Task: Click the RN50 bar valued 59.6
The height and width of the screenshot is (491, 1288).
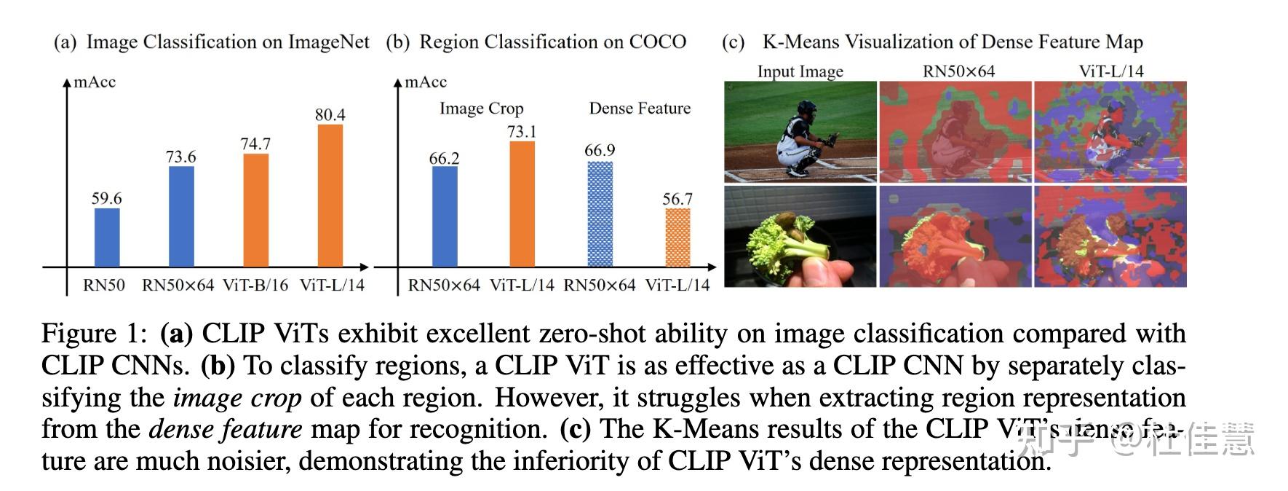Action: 107,237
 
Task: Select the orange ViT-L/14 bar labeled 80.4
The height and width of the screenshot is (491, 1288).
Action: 330,195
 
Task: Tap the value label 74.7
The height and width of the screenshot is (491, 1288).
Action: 255,144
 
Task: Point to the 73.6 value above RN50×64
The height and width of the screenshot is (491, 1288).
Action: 181,157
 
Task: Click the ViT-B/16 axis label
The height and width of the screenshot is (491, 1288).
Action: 255,285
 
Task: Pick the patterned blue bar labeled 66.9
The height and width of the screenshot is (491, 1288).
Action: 600,214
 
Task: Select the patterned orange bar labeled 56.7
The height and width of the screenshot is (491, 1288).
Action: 677,237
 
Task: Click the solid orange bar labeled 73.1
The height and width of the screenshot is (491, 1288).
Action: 522,204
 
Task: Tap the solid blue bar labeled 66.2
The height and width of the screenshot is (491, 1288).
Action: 445,216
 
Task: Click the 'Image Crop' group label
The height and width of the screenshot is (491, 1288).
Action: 481,109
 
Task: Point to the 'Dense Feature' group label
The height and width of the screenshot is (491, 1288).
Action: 640,109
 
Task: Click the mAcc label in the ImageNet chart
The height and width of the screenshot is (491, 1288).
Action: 95,82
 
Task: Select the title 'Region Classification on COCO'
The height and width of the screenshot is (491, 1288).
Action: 552,42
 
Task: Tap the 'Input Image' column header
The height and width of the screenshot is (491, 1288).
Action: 800,71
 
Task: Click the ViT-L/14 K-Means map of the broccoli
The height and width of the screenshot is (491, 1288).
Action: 1110,236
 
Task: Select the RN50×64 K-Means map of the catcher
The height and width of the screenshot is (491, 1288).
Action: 955,131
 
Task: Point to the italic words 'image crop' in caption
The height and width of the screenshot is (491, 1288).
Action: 236,398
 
